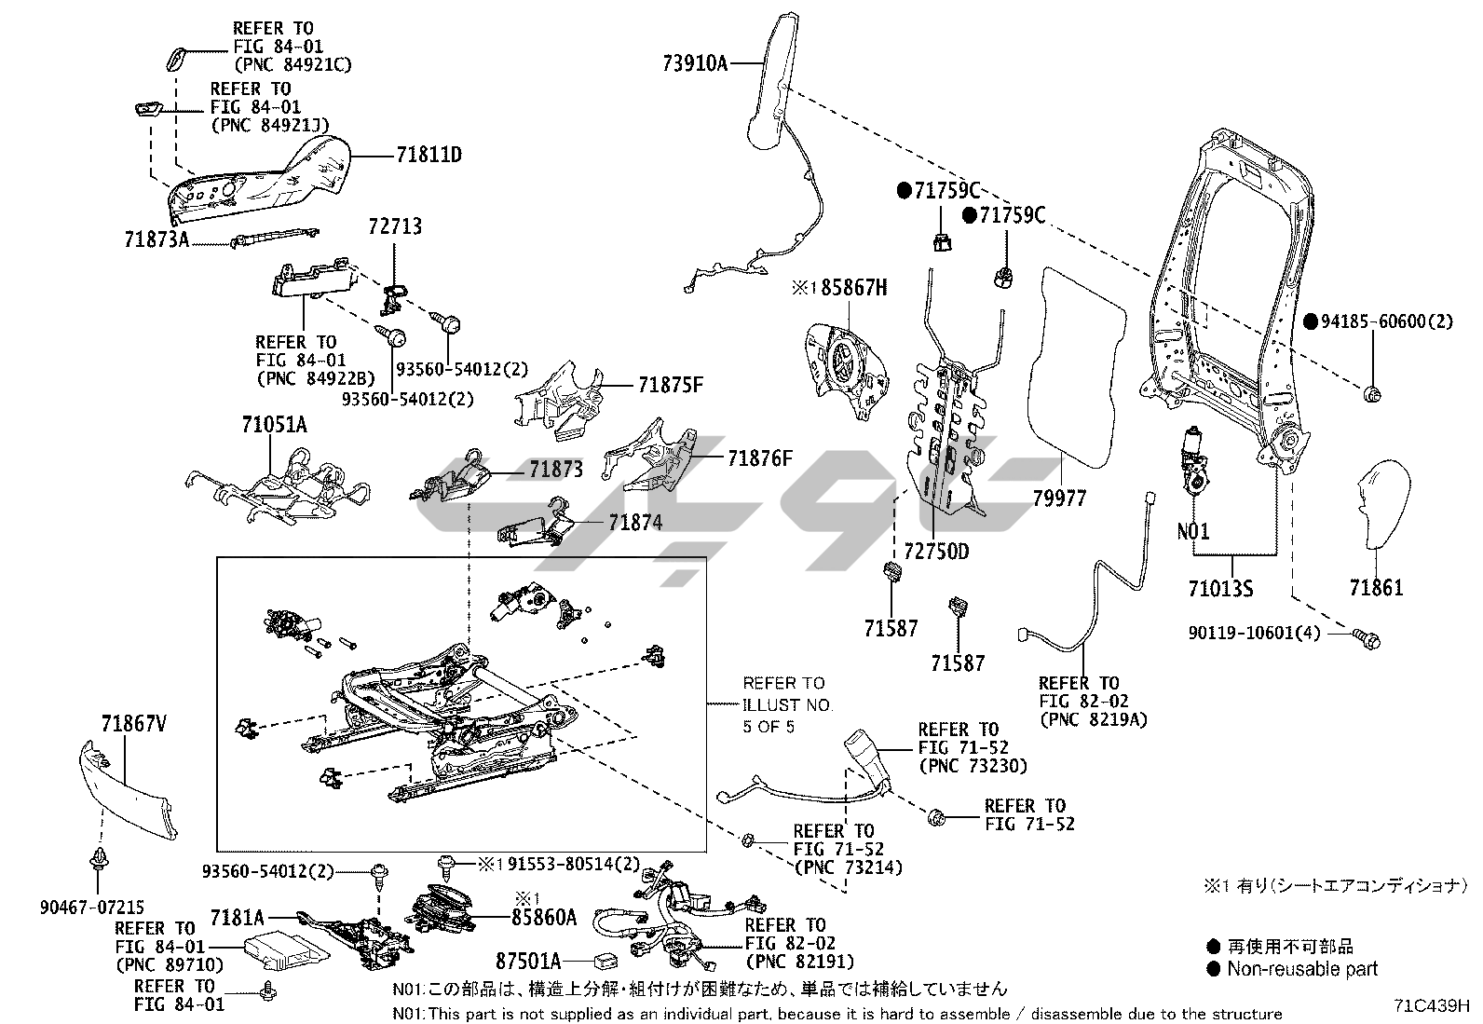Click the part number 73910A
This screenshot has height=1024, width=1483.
[x=694, y=63]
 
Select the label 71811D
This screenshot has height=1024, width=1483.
[x=429, y=155]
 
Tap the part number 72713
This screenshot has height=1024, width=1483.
[x=394, y=226]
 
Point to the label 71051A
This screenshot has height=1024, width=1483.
[x=274, y=425]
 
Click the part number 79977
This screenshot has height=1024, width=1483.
[x=1059, y=499]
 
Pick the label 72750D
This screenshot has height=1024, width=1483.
[x=936, y=552]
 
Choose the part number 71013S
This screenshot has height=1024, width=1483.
[x=1220, y=589]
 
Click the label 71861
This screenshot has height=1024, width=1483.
[x=1376, y=588]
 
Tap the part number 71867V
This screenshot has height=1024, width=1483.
[x=133, y=722]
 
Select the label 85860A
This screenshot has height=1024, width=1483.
[x=544, y=918]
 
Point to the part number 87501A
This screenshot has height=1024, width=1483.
[x=528, y=961]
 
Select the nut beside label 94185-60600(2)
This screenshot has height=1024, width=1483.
[x=1371, y=394]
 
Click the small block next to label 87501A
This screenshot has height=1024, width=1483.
[x=605, y=961]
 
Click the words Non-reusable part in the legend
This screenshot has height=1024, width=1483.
[x=1301, y=969]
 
